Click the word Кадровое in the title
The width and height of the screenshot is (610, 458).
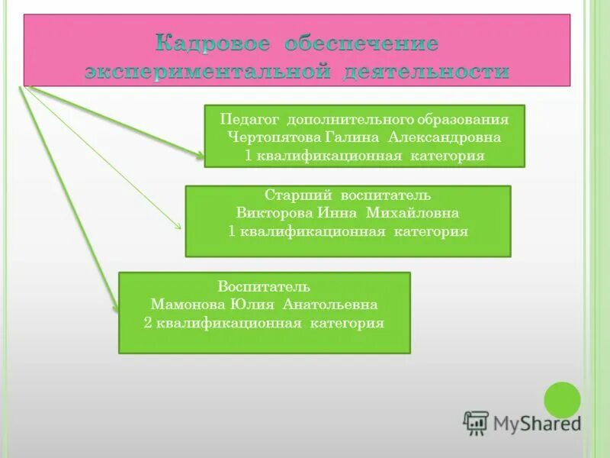coord(213,44)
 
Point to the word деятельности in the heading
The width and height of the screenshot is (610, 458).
coord(426,72)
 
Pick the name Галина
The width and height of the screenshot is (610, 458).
coord(346,137)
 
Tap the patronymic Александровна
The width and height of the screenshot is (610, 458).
coord(445,137)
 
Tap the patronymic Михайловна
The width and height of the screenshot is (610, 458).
coord(413,213)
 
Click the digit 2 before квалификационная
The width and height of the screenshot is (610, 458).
coord(147,323)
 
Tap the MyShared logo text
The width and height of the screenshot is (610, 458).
coord(537,422)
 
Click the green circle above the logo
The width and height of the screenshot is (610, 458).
coord(562,399)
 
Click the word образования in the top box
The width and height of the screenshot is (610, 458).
coord(462,120)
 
